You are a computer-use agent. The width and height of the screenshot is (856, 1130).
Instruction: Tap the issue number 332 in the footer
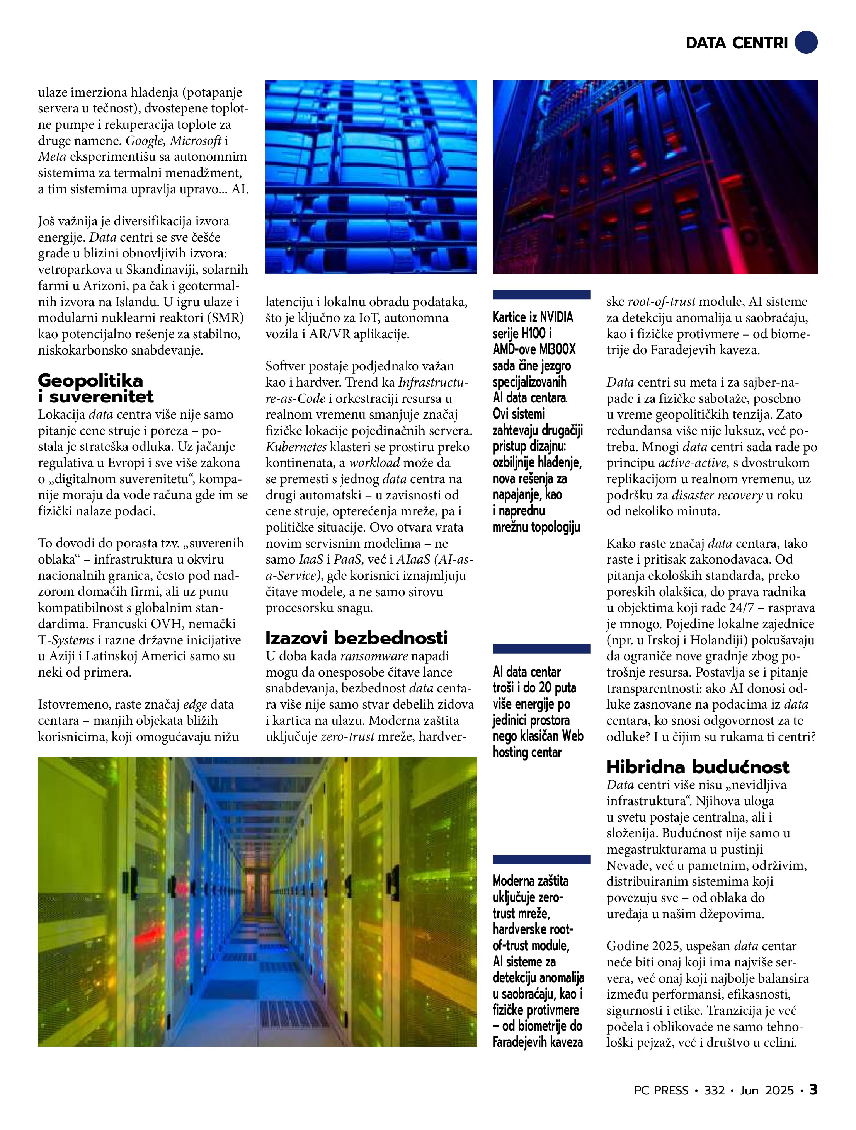tap(714, 1090)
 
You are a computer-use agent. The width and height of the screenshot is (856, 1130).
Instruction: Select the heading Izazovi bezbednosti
tap(356, 637)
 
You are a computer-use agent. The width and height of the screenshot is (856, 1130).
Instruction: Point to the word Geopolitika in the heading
tap(90, 380)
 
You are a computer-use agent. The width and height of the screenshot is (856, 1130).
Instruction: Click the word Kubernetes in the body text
tap(296, 447)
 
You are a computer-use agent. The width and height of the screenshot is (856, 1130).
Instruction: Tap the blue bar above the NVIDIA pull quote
tap(541, 294)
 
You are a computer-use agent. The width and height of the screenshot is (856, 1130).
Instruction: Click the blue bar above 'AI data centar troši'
tap(541, 649)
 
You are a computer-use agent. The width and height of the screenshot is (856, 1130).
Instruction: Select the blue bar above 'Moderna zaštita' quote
tap(541, 859)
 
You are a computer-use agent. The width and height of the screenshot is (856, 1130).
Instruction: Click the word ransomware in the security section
tap(374, 656)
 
